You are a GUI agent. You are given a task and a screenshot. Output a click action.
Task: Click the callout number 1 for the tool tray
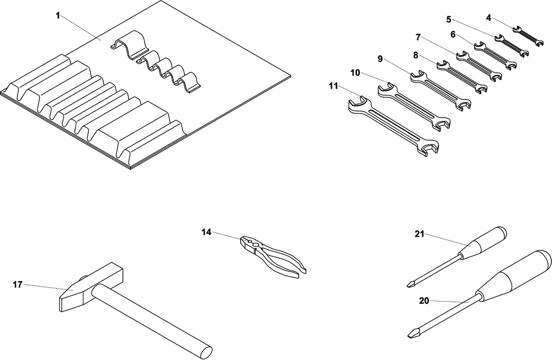tap(57, 15)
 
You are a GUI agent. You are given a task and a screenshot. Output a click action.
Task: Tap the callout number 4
tap(489, 18)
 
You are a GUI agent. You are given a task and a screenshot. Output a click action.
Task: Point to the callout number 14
tap(206, 232)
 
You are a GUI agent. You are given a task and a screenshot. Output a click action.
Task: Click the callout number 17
tap(18, 285)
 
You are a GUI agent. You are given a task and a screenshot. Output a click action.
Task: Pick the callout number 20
tap(424, 301)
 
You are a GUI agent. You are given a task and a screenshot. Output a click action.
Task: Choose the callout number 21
tap(419, 234)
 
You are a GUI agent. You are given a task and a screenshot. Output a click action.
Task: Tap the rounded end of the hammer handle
tap(205, 351)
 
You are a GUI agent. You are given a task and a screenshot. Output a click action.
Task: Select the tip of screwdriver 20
tap(412, 333)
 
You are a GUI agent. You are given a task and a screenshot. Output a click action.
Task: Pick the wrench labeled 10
tap(414, 106)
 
